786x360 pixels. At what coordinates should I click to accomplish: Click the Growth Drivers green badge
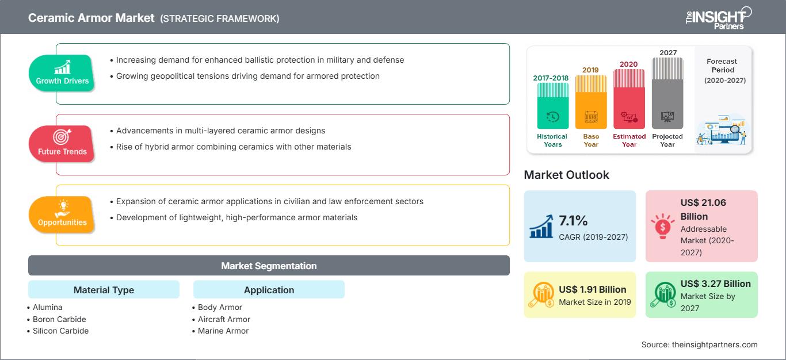point(62,73)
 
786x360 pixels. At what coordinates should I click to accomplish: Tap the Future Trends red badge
point(62,144)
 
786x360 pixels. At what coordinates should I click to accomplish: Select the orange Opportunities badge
point(62,215)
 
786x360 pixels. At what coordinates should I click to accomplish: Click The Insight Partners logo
point(719,18)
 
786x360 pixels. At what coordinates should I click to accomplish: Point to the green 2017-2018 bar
point(552,105)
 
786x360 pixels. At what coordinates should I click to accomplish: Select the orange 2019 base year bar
point(591,102)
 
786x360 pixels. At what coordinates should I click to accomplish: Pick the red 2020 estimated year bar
point(629,99)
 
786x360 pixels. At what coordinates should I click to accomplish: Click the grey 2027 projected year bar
point(667,93)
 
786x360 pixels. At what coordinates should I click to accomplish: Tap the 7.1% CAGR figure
point(573,220)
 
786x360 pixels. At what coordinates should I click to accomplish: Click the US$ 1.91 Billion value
point(592,289)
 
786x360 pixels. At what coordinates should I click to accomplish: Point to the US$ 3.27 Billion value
point(715,284)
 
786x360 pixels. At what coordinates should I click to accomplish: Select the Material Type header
point(104,289)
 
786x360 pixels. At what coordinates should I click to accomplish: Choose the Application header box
point(269,289)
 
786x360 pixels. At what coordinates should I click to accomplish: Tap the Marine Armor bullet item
point(221,331)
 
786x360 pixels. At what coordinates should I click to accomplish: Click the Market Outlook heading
point(566,175)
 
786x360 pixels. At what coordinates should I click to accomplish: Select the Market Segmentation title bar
point(269,265)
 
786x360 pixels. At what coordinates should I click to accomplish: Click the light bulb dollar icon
point(662,226)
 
